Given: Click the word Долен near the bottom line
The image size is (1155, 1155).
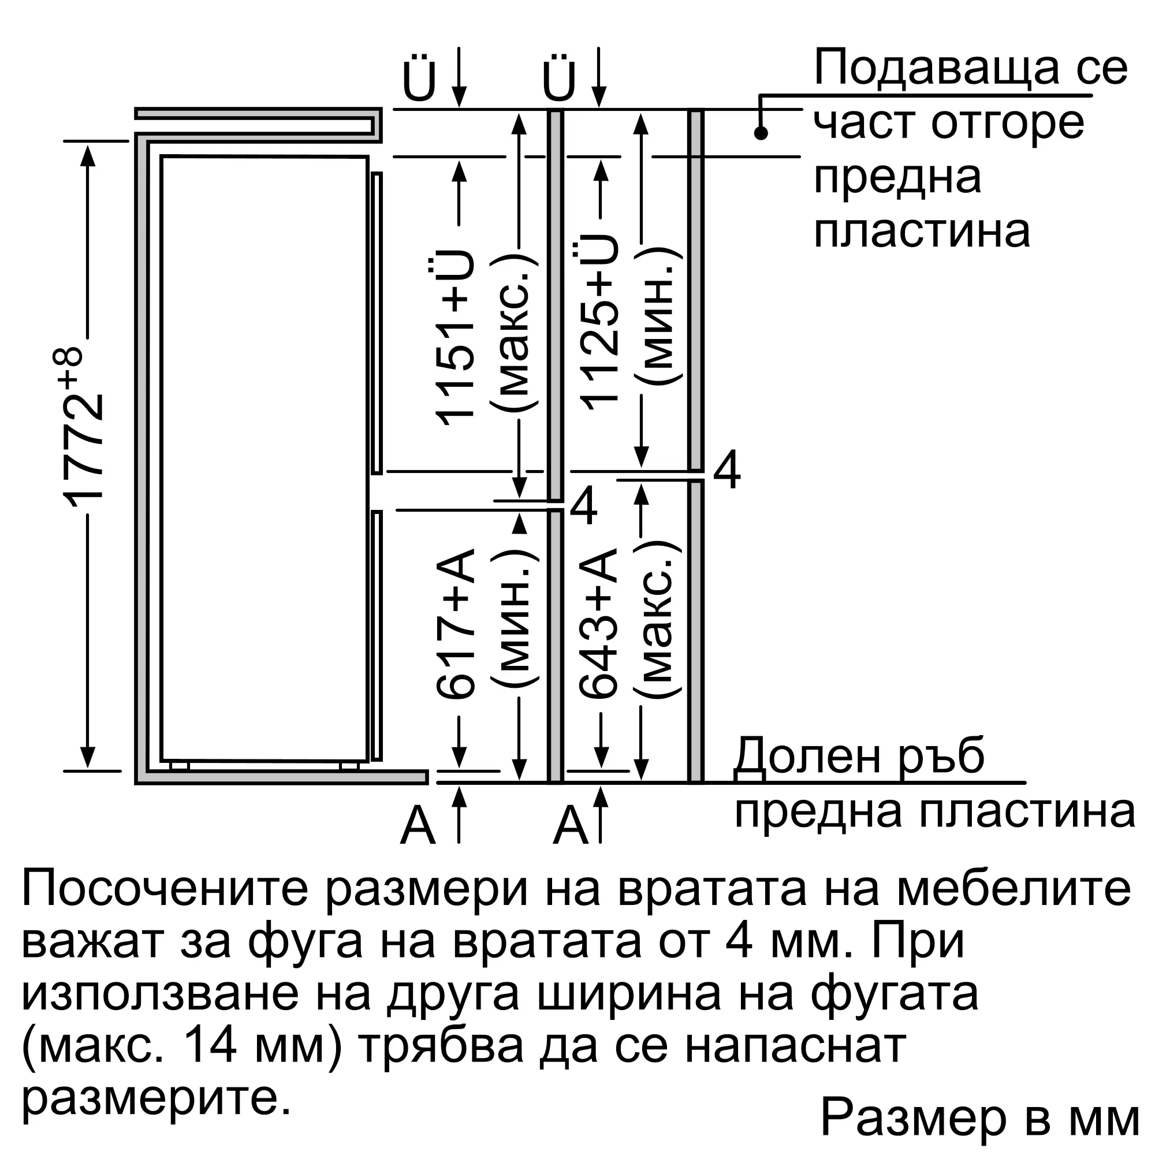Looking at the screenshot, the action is tap(795, 757).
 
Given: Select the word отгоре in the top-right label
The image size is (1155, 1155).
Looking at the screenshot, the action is tap(1008, 123).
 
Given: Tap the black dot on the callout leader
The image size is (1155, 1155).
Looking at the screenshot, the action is tap(761, 133).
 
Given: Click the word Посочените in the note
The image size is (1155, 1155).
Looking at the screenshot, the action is tap(165, 889).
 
